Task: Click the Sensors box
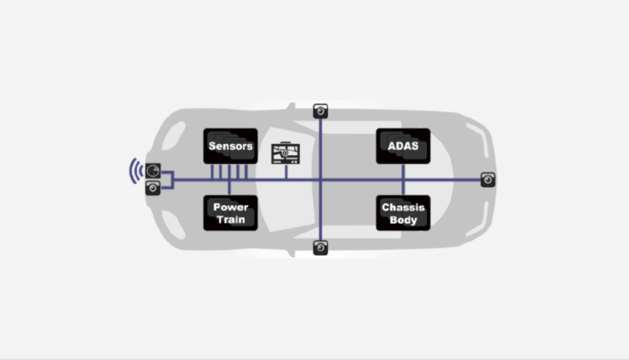click(230, 146)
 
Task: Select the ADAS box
click(403, 146)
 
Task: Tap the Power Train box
click(230, 213)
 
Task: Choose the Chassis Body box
click(403, 213)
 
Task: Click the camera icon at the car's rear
click(488, 180)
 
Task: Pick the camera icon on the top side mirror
click(320, 111)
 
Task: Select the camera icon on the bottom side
click(320, 248)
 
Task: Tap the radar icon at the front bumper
click(153, 170)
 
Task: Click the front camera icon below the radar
click(153, 188)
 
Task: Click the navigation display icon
click(286, 153)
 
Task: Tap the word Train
click(231, 220)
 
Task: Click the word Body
click(403, 220)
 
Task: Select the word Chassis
click(403, 207)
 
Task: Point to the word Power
click(230, 207)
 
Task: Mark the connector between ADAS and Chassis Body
click(403, 180)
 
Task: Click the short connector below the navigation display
click(286, 172)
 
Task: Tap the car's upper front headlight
click(174, 136)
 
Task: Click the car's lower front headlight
click(174, 225)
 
